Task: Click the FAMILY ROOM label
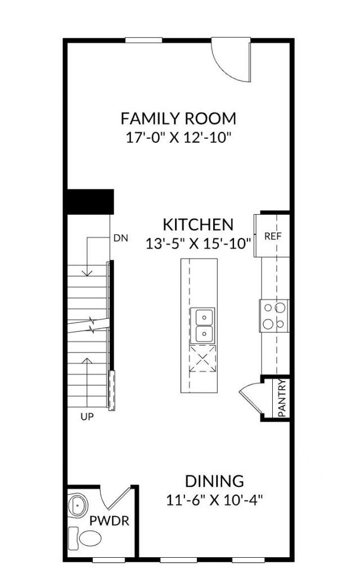tap(178, 119)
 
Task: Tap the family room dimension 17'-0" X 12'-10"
tap(178, 137)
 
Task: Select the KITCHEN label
tap(197, 224)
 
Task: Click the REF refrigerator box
tap(272, 236)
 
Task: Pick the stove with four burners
tap(274, 315)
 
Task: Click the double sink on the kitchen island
tap(201, 326)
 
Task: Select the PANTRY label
tap(283, 398)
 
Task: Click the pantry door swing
tap(250, 396)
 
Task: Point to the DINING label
tap(214, 481)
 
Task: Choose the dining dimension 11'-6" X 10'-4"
tap(214, 499)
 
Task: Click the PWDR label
tap(110, 521)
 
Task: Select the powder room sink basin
tap(78, 505)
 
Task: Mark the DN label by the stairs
tap(120, 238)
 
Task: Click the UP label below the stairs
tap(87, 417)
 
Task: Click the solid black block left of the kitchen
tap(90, 201)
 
